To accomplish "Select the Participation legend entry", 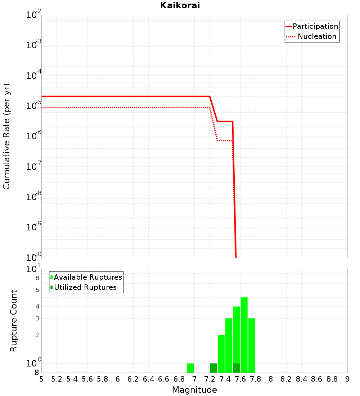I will click(315, 26).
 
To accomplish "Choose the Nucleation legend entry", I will click(316, 36).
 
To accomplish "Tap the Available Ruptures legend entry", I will click(88, 277).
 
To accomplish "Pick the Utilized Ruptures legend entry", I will click(85, 287).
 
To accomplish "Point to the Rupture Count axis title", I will click(14, 321).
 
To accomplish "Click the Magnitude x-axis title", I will click(194, 390).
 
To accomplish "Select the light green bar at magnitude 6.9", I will click(190, 368).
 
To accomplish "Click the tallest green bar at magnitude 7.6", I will click(244, 335).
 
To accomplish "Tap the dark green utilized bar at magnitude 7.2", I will click(213, 368).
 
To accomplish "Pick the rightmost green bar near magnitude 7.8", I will click(252, 345).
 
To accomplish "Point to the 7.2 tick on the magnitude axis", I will click(210, 379).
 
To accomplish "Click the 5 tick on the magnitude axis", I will click(41, 379).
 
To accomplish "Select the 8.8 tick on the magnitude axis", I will click(332, 379).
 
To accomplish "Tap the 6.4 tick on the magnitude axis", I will click(148, 379).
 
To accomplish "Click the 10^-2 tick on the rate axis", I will click(34, 15).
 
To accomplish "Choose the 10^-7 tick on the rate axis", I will click(34, 167).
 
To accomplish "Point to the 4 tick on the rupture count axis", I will click(37, 306).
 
